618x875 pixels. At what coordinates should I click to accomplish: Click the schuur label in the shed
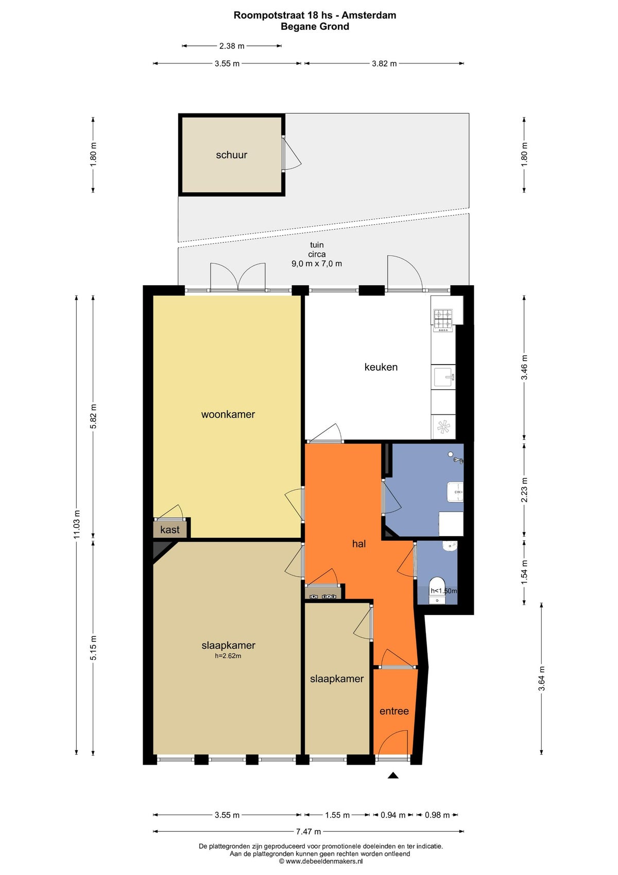click(231, 155)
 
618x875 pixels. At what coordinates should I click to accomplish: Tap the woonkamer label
click(228, 415)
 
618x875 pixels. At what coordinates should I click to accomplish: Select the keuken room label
click(381, 367)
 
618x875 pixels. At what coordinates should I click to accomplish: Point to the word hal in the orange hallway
click(358, 544)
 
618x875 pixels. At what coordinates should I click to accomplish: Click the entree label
click(394, 711)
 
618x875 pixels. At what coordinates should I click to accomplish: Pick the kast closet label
click(170, 530)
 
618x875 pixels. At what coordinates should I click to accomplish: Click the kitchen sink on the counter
click(443, 376)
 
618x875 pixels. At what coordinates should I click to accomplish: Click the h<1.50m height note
click(443, 590)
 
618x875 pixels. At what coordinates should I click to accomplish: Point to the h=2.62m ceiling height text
click(228, 656)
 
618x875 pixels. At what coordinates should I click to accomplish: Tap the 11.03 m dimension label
click(77, 524)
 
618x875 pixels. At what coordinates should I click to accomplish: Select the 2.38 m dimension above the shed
click(232, 46)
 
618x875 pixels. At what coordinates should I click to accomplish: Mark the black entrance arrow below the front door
click(393, 775)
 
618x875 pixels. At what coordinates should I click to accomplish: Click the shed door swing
click(292, 154)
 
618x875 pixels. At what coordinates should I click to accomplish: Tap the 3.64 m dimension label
click(542, 678)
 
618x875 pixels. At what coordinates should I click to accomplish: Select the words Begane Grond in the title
click(315, 27)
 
